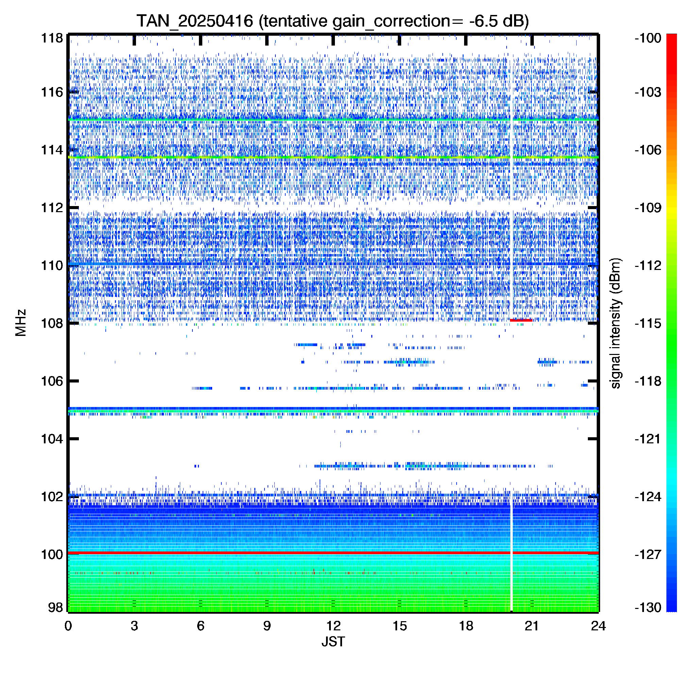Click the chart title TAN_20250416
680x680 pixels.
(194, 21)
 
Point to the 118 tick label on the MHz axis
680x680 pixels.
(52, 38)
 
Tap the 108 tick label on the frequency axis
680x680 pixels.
(52, 323)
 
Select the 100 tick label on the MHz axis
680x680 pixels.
(52, 554)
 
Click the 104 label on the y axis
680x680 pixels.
(52, 439)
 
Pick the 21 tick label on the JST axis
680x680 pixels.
(532, 626)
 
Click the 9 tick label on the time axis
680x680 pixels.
(267, 626)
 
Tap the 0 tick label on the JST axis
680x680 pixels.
(68, 626)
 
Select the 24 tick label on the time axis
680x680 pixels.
(598, 626)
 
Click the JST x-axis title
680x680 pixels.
(333, 642)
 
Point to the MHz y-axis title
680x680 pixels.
(21, 323)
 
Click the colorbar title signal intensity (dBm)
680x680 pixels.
(616, 323)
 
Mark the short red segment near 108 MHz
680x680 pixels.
(521, 320)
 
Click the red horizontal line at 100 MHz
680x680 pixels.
(333, 553)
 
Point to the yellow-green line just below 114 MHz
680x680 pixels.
(333, 157)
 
